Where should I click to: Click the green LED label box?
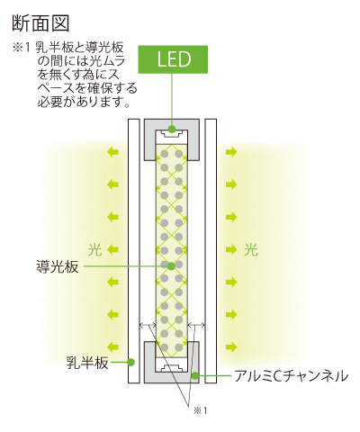coord(173,59)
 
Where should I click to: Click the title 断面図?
coord(40,23)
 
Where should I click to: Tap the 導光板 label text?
coord(57,266)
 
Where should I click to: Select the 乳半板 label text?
coord(87,363)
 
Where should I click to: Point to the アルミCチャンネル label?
coord(291,375)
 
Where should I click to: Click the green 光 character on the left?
coord(95,249)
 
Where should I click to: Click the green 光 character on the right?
coord(251,249)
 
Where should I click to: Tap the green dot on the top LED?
coord(172,129)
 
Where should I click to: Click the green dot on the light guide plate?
coord(171,265)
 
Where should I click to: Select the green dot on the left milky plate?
coord(130,362)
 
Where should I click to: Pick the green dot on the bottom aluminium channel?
coord(195,375)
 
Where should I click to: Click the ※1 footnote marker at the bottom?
coord(201,410)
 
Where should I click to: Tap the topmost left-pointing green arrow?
coord(113,152)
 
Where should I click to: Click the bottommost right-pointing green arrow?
coord(231,347)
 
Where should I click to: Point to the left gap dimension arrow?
coord(148,325)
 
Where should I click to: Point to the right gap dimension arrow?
coord(196,325)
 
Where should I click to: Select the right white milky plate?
coord(211,251)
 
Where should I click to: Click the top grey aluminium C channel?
coord(172,124)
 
